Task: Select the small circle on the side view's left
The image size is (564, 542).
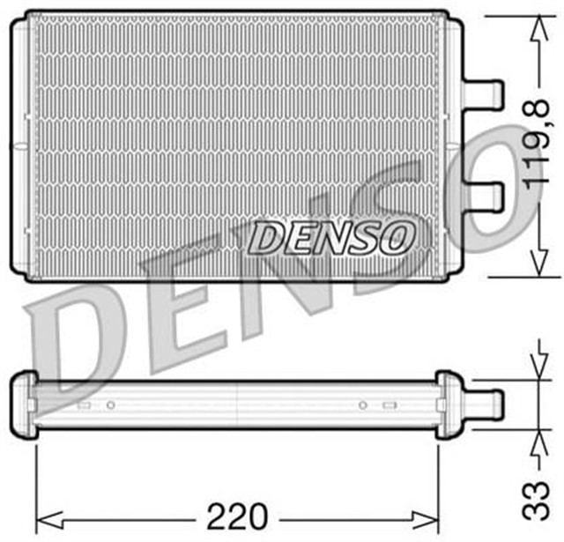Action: (x=110, y=405)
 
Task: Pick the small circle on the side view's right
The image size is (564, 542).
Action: (x=362, y=405)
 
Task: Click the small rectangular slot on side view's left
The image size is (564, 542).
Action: (x=85, y=405)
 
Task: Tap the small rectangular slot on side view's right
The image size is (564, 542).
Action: (x=390, y=405)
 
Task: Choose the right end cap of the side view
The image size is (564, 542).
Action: (x=449, y=403)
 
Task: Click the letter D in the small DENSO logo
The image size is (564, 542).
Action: (x=264, y=237)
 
